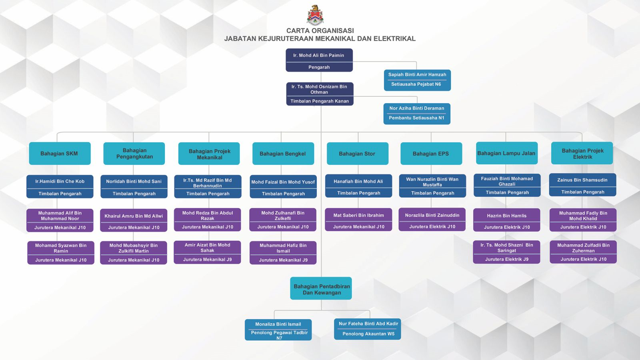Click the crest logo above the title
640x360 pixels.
pyautogui.click(x=315, y=15)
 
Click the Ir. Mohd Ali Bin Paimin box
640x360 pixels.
pyautogui.click(x=319, y=60)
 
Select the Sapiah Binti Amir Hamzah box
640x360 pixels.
pyautogui.click(x=417, y=80)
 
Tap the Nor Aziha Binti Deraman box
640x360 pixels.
pyautogui.click(x=416, y=113)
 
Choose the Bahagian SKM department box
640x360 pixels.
pyautogui.click(x=60, y=153)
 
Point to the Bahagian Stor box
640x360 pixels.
pyautogui.click(x=357, y=154)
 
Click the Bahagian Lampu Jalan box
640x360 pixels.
pyautogui.click(x=506, y=153)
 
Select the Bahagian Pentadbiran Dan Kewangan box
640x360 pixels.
pyautogui.click(x=321, y=288)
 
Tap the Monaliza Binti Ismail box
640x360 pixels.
pyautogui.click(x=278, y=330)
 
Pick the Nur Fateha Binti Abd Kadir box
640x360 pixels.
pyautogui.click(x=368, y=329)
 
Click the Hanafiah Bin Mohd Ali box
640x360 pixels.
pyautogui.click(x=358, y=186)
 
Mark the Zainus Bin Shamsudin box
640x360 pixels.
pyautogui.click(x=582, y=185)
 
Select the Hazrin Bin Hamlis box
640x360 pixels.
pyautogui.click(x=506, y=220)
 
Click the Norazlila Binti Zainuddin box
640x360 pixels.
pyautogui.click(x=432, y=220)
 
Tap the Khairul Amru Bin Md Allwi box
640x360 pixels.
pyautogui.click(x=134, y=221)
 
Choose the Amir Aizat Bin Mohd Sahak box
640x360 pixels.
pyautogui.click(x=207, y=252)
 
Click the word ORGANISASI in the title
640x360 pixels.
pyautogui.click(x=334, y=31)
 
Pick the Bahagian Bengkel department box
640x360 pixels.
pyautogui.click(x=283, y=154)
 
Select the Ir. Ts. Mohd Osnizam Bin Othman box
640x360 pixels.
pyautogui.click(x=319, y=94)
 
